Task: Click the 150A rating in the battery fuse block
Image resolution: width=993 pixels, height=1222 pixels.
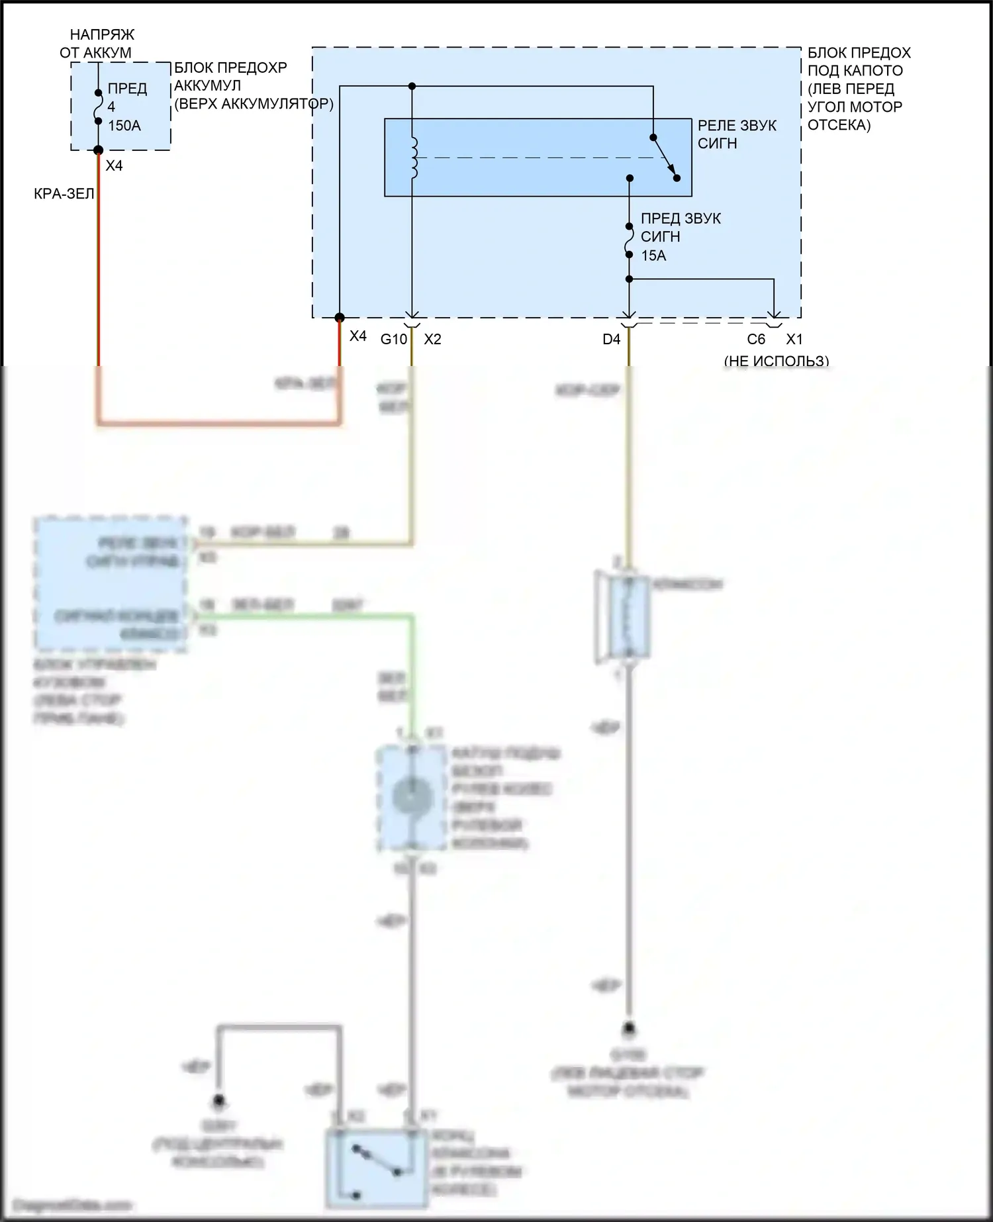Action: coord(124,125)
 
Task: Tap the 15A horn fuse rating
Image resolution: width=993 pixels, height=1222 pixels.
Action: coord(653,256)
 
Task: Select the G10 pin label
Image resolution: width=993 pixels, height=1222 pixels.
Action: coord(393,340)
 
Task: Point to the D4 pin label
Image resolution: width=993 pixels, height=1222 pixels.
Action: coord(611,340)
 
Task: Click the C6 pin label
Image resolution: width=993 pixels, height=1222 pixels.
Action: coord(756,340)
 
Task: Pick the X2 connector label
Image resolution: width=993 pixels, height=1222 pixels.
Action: coord(432,340)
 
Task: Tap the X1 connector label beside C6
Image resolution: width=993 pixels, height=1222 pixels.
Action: coord(794,340)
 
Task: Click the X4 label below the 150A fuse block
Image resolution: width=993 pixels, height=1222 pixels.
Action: coord(114,165)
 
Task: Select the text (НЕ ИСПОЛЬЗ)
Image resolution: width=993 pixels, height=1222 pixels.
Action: coord(776,361)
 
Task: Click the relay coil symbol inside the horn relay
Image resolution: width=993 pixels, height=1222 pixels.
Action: coord(414,158)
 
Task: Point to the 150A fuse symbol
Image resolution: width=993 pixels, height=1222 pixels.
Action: coord(98,107)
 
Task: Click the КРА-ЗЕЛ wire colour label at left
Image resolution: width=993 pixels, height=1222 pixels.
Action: coord(64,194)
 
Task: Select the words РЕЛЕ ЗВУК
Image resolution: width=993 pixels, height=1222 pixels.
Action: coord(737,126)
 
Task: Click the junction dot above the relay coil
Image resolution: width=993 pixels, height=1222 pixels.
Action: coord(412,86)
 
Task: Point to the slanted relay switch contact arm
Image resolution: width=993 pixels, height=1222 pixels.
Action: coord(664,158)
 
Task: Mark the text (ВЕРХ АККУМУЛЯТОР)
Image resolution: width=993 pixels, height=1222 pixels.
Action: coord(254,104)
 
